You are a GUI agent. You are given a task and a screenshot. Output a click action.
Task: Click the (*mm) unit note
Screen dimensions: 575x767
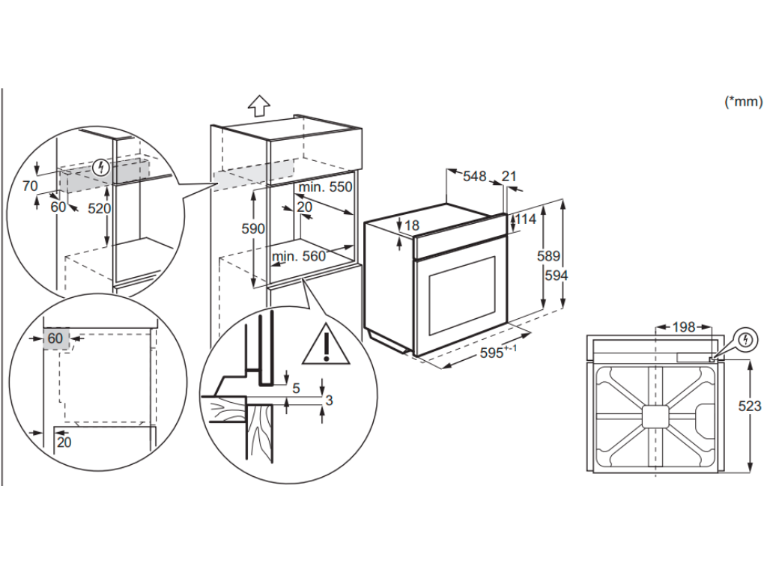743,103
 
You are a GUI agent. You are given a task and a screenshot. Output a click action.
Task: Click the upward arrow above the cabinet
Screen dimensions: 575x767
258,106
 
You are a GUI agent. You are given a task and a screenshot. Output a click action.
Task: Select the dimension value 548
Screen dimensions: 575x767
474,177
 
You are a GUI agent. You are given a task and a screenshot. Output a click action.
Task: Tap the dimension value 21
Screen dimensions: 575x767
509,177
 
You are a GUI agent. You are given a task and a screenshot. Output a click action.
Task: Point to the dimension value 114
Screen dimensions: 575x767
527,219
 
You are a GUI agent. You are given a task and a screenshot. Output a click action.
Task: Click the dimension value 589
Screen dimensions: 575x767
548,256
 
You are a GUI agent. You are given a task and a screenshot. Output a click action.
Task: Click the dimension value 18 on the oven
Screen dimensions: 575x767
412,225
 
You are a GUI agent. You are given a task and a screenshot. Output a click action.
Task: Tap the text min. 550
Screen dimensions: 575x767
325,187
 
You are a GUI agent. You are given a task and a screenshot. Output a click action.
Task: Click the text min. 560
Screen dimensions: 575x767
299,257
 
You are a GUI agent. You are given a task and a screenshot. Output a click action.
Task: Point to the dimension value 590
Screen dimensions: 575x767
253,229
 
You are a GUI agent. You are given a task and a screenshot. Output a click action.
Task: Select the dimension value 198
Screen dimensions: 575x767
683,327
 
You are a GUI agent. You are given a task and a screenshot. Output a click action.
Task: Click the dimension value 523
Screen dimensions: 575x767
750,406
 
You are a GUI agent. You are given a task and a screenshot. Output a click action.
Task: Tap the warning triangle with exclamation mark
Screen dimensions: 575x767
326,344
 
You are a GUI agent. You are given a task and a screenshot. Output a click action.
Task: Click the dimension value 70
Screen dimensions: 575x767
29,184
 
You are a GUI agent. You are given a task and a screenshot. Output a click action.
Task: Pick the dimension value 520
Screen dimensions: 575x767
99,209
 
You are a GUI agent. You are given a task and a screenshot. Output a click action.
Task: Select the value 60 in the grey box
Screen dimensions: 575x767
55,338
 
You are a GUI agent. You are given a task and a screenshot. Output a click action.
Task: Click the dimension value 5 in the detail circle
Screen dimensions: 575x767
296,388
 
